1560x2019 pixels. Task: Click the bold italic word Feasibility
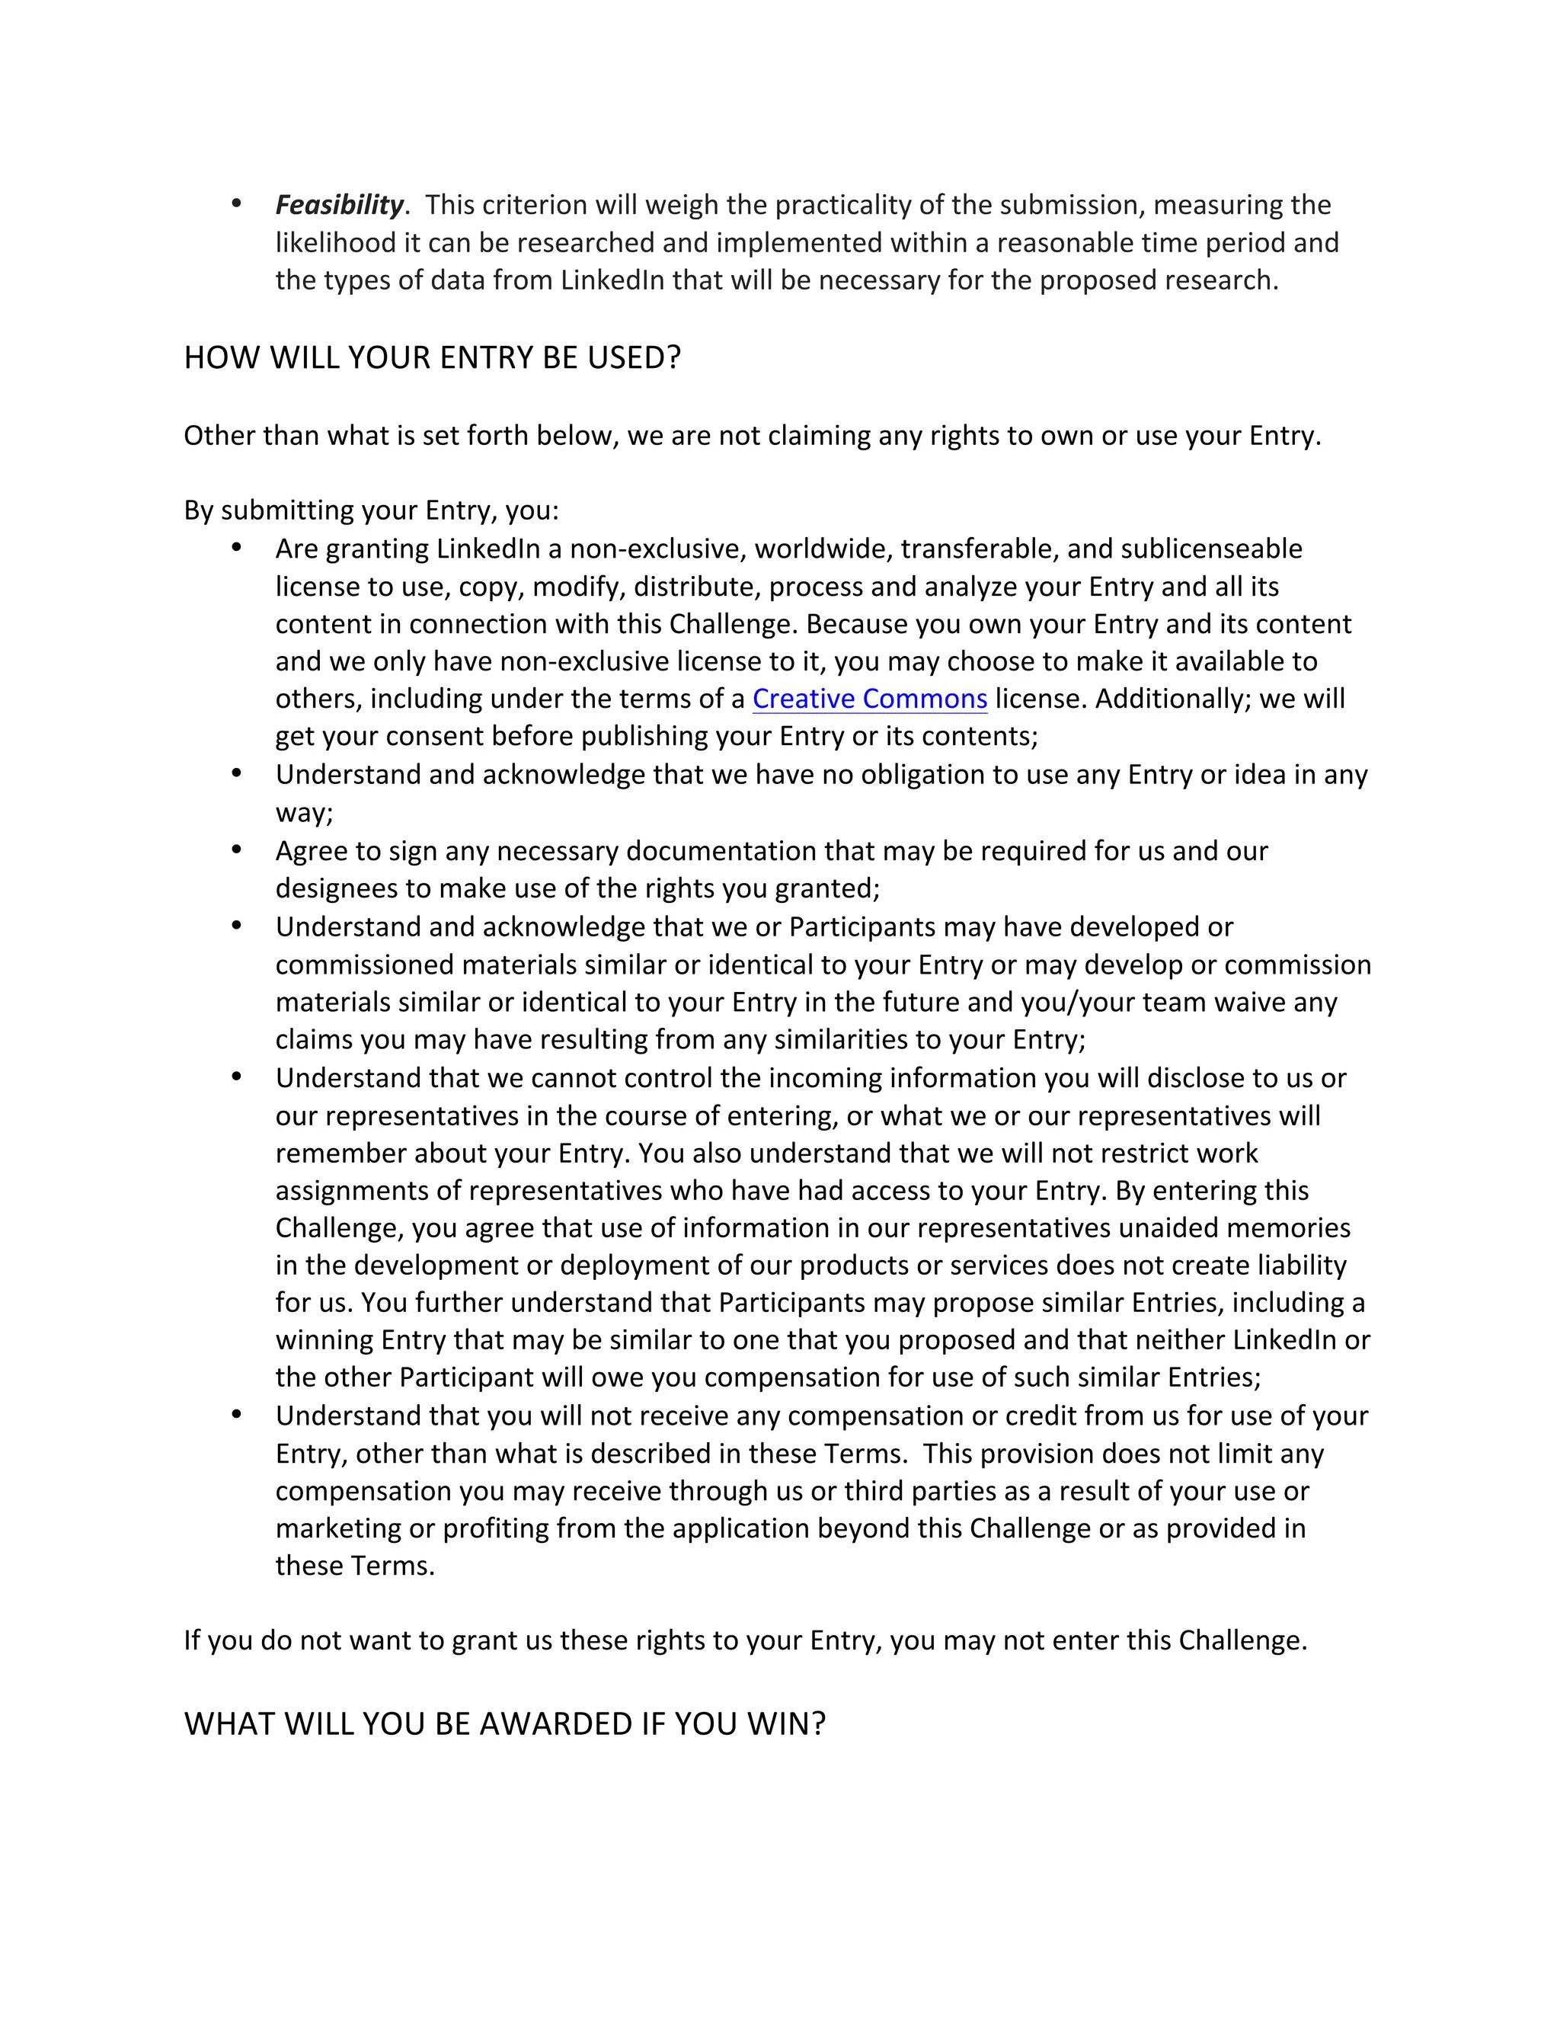339,204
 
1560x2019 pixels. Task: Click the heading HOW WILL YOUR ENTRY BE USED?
432,358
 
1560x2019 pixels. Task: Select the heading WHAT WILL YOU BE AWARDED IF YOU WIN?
503,1724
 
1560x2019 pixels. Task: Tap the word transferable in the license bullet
979,549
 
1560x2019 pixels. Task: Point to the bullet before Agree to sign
237,850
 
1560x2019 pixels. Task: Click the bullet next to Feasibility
237,203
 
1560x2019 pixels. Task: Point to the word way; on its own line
304,814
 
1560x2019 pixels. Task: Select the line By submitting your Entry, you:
371,510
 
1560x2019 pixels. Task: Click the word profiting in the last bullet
495,1528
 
